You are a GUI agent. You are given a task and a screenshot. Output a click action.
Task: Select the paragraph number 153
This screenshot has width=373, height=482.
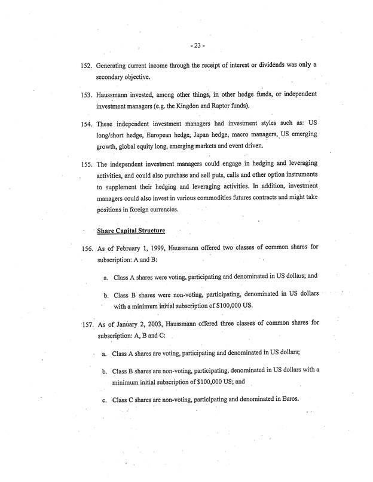88,96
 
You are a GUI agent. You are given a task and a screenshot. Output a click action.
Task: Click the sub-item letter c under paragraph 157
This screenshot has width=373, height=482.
105,400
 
